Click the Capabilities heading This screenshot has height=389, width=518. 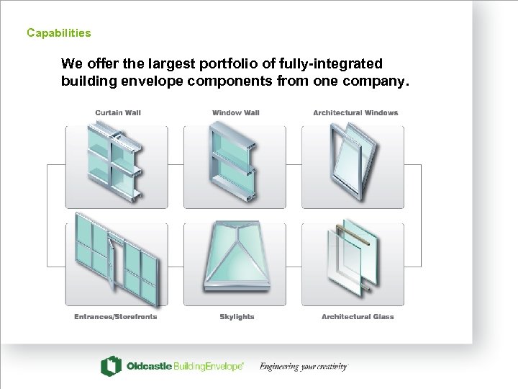pos(59,32)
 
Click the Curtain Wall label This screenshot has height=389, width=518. pos(118,113)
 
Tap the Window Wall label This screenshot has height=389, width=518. pos(236,113)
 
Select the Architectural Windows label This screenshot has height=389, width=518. pos(355,113)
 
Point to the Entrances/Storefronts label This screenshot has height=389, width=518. pos(116,317)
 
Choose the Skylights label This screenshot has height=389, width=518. pos(237,317)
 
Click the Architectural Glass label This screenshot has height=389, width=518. pos(358,317)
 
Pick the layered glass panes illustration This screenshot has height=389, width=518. pos(353,258)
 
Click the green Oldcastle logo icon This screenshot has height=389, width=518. pos(111,366)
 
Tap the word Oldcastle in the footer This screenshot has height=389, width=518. pos(149,366)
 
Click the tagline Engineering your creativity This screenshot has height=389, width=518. pos(304,366)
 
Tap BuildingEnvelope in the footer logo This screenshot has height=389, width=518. pos(209,366)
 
